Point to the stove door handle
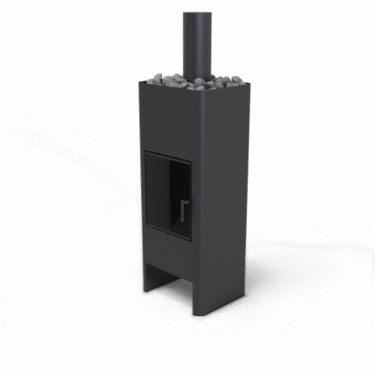(184, 210)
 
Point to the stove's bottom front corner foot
(203, 317)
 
